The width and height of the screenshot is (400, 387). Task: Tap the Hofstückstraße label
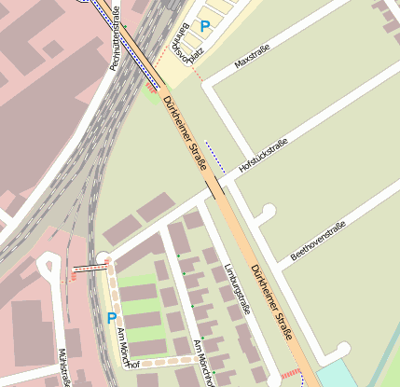pos(263,155)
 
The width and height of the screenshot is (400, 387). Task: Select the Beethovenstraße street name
pos(318,240)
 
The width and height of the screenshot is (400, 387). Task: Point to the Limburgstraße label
pos(238,290)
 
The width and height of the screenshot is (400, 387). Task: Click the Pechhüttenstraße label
pos(116,38)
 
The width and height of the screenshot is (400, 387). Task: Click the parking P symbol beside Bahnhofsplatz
pos(205,27)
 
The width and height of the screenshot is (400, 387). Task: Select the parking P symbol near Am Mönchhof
pos(112,318)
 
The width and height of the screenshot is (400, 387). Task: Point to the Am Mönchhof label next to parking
pos(125,349)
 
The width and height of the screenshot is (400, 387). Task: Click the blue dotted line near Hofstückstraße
pos(214,158)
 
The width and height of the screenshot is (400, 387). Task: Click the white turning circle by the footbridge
pos(103,258)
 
